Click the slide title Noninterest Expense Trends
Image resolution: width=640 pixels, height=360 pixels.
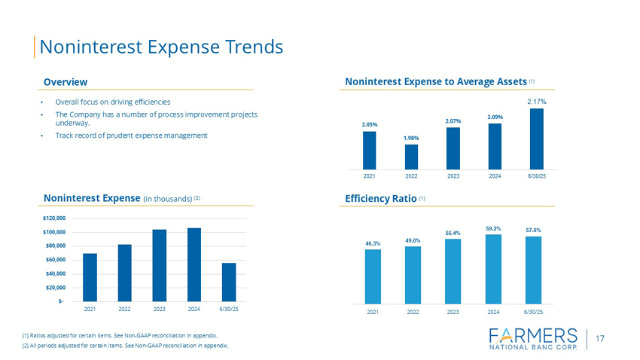click(x=161, y=47)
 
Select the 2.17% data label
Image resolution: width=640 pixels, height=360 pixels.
click(x=536, y=101)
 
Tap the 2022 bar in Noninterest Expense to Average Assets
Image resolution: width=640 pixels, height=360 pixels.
click(x=411, y=157)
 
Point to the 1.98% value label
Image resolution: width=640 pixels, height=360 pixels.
click(x=411, y=138)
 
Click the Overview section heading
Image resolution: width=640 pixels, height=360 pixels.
click(x=66, y=81)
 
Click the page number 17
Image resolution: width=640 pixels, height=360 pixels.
click(x=600, y=339)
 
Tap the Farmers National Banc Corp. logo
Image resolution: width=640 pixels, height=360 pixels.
click(x=532, y=340)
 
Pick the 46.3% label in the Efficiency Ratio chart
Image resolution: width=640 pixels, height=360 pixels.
click(x=373, y=243)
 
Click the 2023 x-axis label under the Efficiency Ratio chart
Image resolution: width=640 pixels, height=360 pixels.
click(x=453, y=311)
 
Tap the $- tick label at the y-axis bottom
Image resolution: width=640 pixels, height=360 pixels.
click(x=60, y=301)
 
